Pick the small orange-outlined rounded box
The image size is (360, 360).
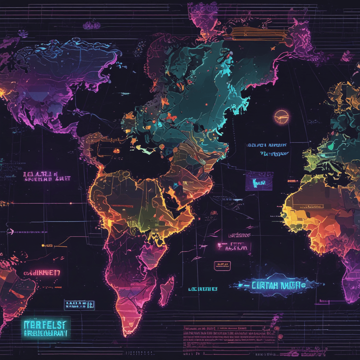click(222, 265)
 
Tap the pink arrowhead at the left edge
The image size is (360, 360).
click(11, 231)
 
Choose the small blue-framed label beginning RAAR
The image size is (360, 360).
click(79, 305)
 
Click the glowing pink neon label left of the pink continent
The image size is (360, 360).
click(42, 273)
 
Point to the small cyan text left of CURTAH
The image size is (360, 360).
click(203, 289)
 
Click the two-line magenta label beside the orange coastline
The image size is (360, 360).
click(47, 176)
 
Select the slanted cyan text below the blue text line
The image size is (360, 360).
click(274, 154)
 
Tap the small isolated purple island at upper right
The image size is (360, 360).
click(347, 56)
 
